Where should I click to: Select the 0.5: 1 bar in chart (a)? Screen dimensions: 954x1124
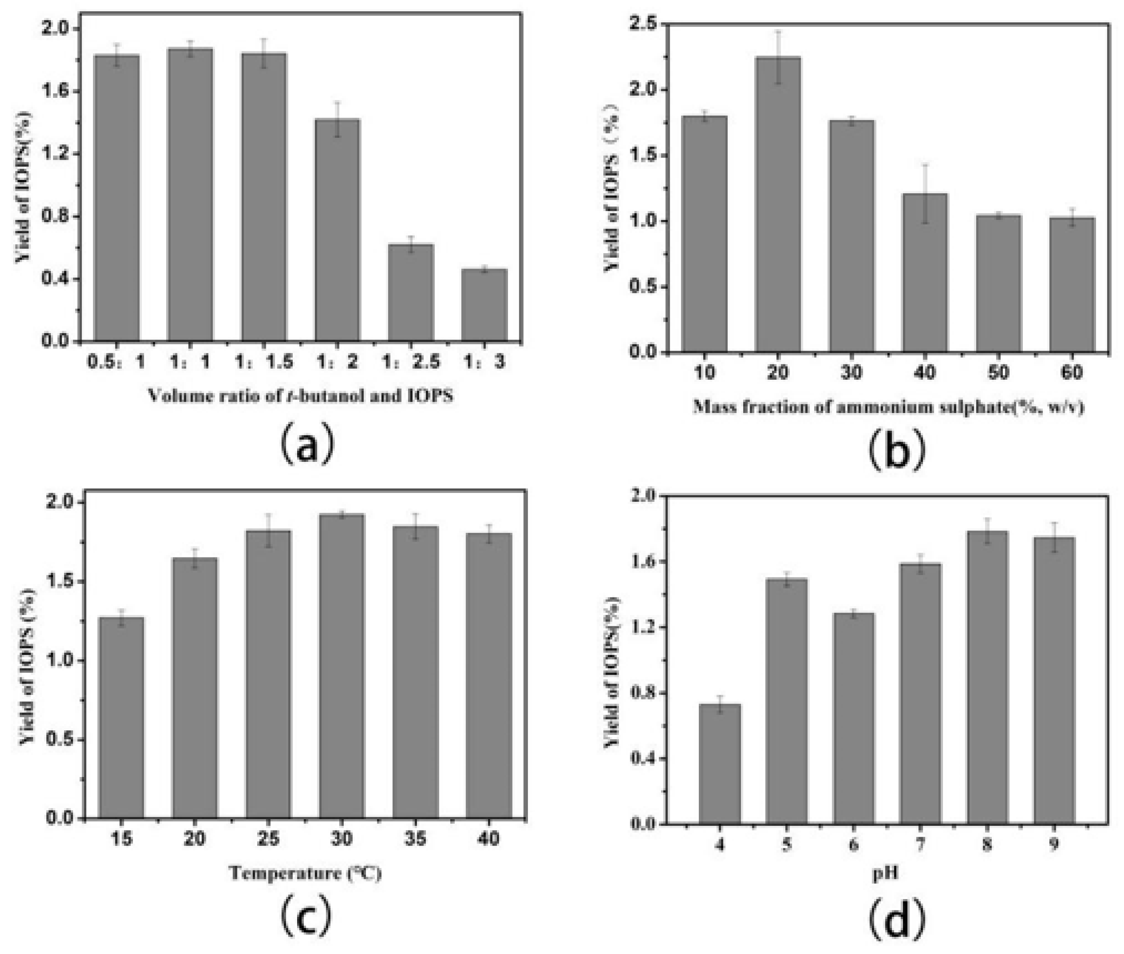(117, 198)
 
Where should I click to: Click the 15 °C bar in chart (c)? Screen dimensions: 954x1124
(122, 718)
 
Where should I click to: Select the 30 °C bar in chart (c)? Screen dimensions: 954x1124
(342, 666)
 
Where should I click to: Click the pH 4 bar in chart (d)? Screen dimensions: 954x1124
(720, 764)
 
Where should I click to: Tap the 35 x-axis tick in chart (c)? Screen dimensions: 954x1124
(415, 838)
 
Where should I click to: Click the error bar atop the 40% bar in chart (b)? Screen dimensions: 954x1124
(925, 193)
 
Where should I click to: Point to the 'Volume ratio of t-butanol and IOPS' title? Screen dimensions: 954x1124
(301, 395)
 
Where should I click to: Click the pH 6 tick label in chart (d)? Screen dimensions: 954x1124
(853, 844)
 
